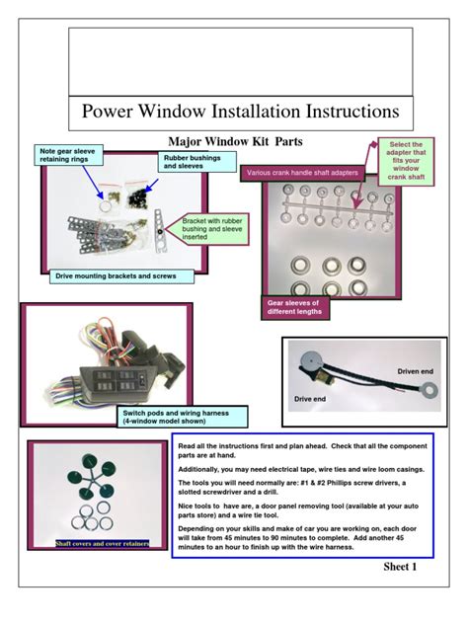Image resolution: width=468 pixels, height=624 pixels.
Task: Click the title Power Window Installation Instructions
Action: (240, 111)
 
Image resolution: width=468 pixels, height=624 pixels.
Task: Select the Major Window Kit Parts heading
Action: (235, 141)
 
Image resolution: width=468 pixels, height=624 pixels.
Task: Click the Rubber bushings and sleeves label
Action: (197, 162)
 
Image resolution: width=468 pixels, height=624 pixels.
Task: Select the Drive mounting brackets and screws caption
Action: (121, 276)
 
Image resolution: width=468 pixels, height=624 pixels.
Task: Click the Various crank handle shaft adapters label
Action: (302, 173)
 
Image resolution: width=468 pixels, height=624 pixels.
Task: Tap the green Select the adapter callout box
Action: (406, 161)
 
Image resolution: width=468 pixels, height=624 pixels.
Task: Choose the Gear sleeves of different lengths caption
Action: (295, 307)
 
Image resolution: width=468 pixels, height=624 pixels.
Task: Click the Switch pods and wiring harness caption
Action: (183, 417)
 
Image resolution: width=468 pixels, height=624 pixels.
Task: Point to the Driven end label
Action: (415, 371)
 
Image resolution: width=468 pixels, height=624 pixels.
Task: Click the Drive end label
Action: (310, 399)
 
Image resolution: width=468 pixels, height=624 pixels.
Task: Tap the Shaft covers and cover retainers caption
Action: (103, 543)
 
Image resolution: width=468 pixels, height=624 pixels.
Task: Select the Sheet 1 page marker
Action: (400, 567)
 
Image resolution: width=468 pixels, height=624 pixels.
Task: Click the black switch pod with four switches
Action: (116, 383)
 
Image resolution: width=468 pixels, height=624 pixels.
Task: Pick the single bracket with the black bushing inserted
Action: (159, 232)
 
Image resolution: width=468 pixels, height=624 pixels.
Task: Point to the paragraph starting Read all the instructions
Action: (302, 450)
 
